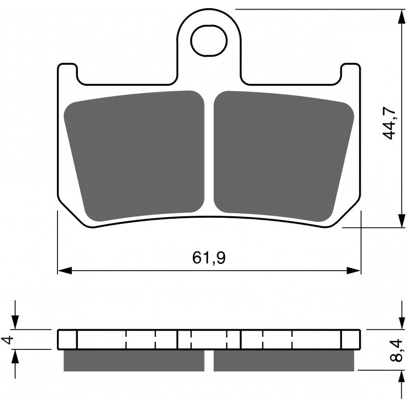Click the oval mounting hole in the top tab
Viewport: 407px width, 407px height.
pyautogui.click(x=209, y=41)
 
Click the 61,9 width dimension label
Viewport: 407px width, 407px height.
pyautogui.click(x=209, y=258)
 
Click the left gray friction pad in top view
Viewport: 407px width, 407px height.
pyautogui.click(x=135, y=153)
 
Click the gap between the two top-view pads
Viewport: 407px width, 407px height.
pyautogui.click(x=209, y=153)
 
